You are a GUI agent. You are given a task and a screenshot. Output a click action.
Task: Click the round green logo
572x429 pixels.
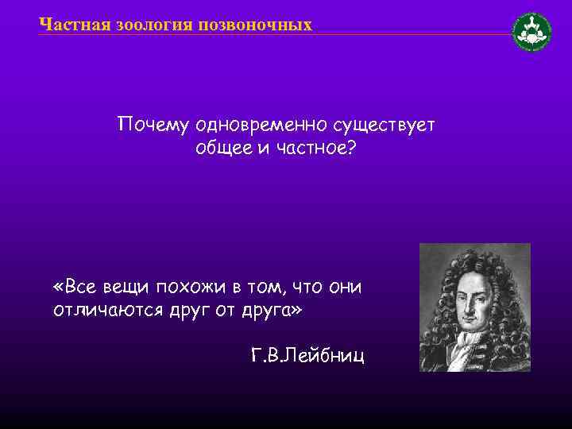[x=531, y=32]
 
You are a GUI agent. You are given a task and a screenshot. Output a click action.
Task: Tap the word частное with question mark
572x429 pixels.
[x=313, y=149]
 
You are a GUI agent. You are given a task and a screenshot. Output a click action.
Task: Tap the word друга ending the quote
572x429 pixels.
[x=269, y=309]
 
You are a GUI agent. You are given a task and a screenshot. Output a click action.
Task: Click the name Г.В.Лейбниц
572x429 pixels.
[x=307, y=355]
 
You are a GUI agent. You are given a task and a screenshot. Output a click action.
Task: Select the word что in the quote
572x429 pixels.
[x=307, y=286]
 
